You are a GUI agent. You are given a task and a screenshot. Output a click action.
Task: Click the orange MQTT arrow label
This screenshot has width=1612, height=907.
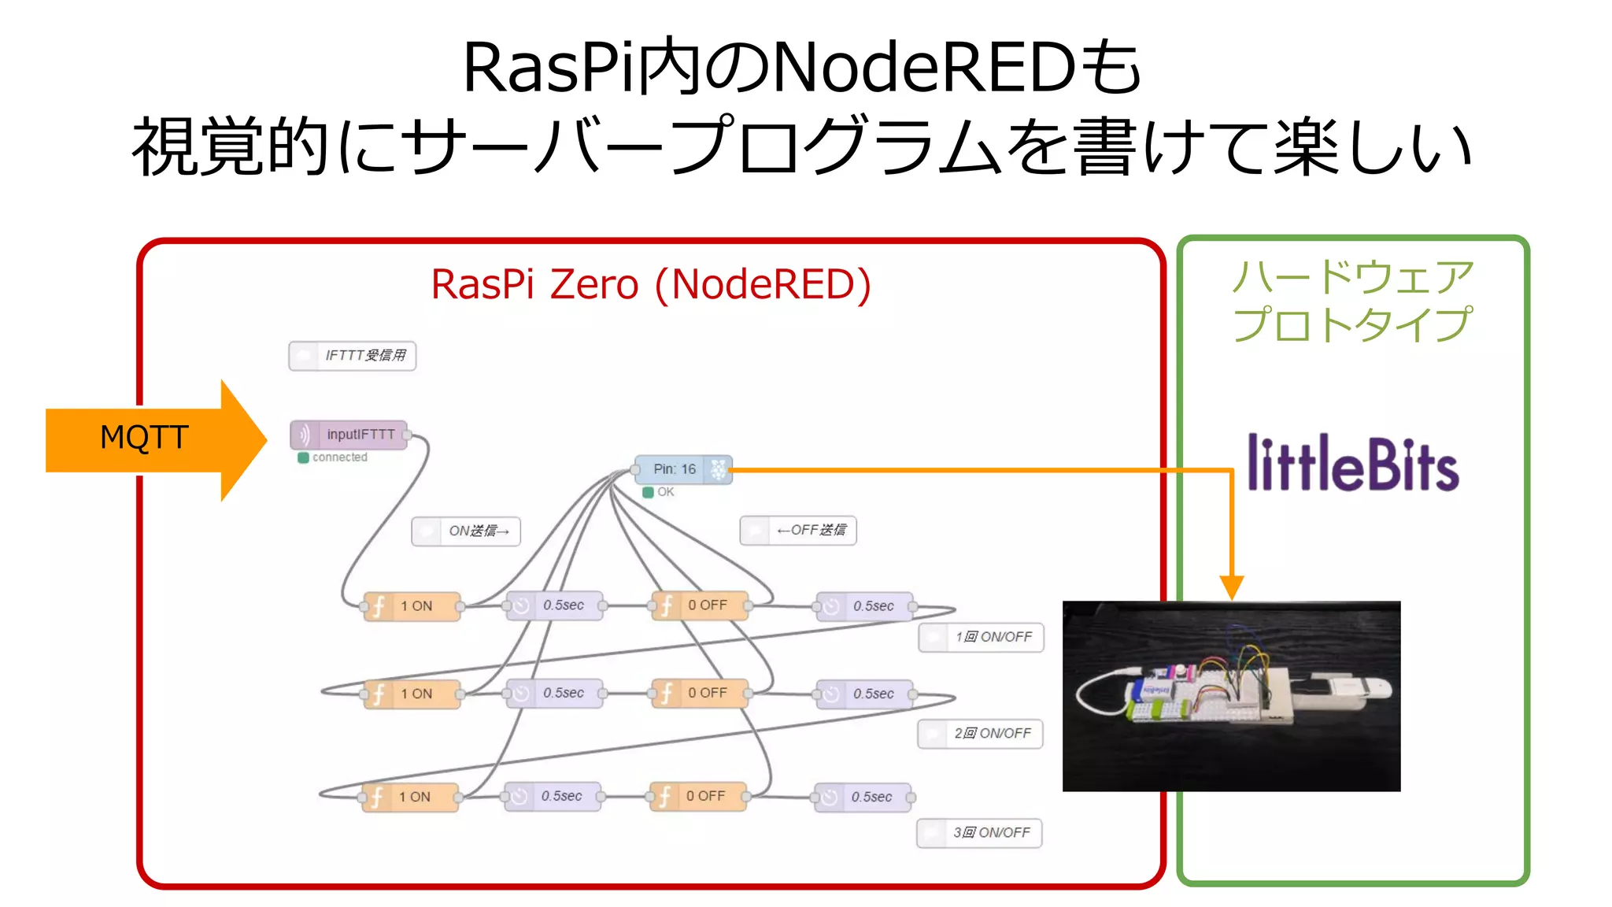click(145, 439)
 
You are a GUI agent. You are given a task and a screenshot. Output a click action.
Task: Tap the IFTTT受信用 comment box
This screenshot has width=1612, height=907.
click(353, 356)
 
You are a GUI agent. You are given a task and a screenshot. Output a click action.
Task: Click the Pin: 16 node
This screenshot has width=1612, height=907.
click(682, 469)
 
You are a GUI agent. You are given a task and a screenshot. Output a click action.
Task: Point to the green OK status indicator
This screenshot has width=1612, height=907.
click(649, 492)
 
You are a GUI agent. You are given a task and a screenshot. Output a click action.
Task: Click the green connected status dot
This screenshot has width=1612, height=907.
click(303, 457)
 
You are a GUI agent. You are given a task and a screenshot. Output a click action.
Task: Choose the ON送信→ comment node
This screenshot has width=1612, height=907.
click(466, 531)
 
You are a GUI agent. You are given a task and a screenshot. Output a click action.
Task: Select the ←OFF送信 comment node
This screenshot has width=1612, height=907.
click(798, 531)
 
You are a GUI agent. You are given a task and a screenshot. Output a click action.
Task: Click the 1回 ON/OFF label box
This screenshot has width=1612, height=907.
click(981, 637)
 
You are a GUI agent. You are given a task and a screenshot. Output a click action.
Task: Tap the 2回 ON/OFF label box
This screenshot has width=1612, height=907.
click(980, 734)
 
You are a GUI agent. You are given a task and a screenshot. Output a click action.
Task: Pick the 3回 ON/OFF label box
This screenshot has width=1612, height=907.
click(979, 833)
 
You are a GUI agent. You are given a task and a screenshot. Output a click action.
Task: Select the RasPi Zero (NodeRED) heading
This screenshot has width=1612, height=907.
click(651, 284)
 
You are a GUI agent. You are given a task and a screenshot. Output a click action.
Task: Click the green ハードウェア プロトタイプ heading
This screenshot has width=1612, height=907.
click(1352, 301)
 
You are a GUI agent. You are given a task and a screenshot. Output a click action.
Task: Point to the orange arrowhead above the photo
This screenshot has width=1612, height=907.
click(1232, 587)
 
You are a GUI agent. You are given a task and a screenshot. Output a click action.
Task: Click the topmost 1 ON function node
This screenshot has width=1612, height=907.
click(412, 606)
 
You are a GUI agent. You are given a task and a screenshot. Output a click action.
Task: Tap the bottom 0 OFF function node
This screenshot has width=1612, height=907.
click(697, 796)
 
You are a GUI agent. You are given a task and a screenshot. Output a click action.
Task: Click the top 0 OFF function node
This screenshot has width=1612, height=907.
click(700, 605)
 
